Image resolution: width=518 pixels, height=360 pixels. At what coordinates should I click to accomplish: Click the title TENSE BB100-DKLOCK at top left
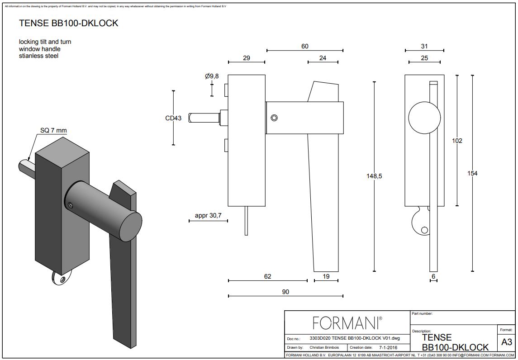tap(68, 24)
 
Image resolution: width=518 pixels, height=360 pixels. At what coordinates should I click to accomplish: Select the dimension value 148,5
tap(374, 176)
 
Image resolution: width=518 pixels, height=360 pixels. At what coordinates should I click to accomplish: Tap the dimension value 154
tap(472, 173)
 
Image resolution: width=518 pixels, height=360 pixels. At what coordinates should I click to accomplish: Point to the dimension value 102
tap(457, 141)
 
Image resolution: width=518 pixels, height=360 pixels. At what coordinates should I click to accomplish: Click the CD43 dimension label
tap(173, 118)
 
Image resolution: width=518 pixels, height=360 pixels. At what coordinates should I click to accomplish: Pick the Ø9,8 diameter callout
tap(212, 76)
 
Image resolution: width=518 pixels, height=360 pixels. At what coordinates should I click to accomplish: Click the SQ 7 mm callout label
tap(53, 131)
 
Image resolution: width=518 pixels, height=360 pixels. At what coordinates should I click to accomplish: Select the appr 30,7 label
tap(208, 216)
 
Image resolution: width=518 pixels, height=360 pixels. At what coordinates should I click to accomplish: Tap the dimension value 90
tap(285, 292)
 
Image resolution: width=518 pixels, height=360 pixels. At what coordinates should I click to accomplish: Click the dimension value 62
tap(267, 276)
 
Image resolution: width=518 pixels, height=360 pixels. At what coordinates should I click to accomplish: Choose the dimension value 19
tap(326, 276)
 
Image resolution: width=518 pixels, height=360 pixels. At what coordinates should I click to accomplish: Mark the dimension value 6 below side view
tap(433, 276)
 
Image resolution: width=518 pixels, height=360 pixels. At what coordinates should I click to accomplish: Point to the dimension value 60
tap(305, 46)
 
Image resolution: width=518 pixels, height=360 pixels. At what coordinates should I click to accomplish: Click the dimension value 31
tap(424, 46)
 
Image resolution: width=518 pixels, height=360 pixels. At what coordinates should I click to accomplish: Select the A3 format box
tap(507, 342)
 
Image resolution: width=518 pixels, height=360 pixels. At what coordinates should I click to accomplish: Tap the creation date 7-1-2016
tap(385, 347)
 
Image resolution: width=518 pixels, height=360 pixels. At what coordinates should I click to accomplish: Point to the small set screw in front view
tap(274, 118)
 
